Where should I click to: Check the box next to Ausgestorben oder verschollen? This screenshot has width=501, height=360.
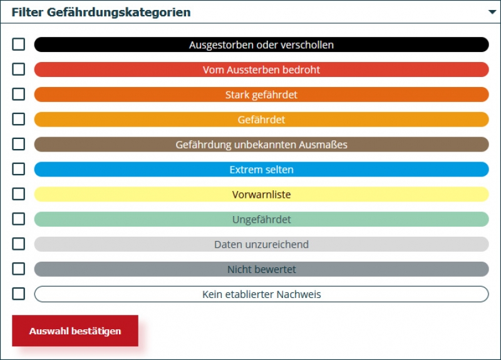[x=19, y=44]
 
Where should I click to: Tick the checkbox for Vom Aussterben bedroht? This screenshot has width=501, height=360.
[x=19, y=69]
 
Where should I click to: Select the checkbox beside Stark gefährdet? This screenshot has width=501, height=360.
[x=19, y=95]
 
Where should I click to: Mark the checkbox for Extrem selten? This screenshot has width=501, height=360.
[x=19, y=169]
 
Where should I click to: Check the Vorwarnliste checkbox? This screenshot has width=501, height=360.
[x=19, y=194]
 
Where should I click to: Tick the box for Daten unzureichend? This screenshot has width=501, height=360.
[x=19, y=244]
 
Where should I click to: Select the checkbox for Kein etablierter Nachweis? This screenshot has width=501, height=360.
[x=19, y=294]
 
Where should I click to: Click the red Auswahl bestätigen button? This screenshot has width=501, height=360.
[x=75, y=331]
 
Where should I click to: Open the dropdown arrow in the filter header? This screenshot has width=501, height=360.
[x=492, y=13]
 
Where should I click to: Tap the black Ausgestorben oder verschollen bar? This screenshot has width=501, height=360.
[x=261, y=44]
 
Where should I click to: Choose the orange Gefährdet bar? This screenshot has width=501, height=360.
[x=261, y=120]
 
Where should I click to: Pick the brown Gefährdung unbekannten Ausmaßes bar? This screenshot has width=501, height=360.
[x=261, y=145]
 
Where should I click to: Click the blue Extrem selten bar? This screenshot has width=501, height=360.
[x=261, y=170]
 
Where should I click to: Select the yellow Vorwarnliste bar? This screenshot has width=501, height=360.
[x=261, y=195]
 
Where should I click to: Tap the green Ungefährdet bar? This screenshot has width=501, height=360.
[x=261, y=220]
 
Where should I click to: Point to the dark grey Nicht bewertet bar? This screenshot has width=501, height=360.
[x=261, y=269]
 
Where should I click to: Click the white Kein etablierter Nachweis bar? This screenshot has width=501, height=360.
[x=261, y=294]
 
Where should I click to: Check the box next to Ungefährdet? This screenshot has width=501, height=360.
[x=19, y=219]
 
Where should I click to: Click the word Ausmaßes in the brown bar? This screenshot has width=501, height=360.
[x=324, y=145]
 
